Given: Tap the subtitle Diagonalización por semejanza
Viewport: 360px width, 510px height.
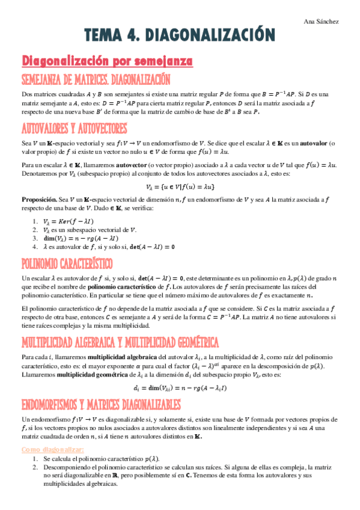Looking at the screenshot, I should point(107,61).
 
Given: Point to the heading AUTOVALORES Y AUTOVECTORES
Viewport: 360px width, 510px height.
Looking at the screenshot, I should point(74,129).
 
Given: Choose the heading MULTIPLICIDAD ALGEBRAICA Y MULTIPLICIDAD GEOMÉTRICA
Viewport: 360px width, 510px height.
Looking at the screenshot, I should point(120,342).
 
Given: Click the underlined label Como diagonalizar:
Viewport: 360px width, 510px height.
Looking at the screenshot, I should point(52,449).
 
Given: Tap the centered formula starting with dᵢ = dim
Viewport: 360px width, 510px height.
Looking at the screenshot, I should point(180,389).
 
